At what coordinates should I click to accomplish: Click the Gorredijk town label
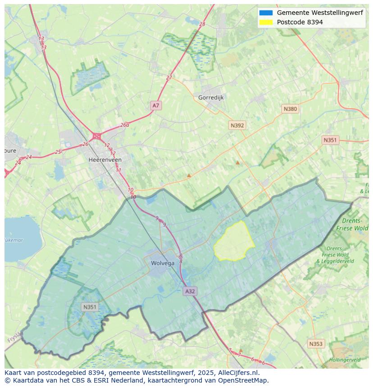(x=211, y=97)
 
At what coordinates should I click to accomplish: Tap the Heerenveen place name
(x=105, y=160)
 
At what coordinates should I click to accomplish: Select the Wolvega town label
(x=162, y=263)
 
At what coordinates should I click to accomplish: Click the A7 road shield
(x=156, y=105)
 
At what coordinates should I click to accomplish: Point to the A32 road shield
(x=190, y=291)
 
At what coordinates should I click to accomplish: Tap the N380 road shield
(x=290, y=109)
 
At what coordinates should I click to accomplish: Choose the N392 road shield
(x=237, y=125)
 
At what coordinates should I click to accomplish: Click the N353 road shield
(x=316, y=344)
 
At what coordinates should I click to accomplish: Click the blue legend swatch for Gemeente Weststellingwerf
(x=266, y=13)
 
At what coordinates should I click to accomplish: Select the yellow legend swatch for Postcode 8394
(x=266, y=22)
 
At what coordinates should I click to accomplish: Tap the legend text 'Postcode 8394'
(x=300, y=22)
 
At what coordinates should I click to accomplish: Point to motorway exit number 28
(x=202, y=24)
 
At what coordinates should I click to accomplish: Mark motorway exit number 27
(x=169, y=78)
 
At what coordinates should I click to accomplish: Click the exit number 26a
(x=124, y=125)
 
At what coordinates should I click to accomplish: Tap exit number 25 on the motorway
(x=58, y=152)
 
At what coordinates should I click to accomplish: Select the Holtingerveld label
(x=345, y=360)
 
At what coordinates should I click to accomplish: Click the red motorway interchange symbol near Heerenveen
(x=96, y=136)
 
